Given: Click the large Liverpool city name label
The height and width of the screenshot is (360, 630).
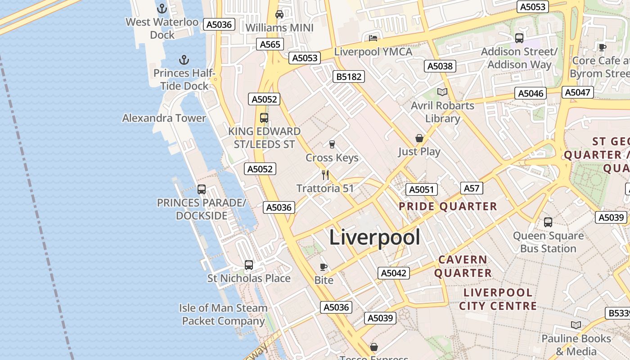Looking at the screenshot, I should click(375, 237).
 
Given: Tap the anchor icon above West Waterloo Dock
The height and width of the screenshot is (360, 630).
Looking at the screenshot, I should click(162, 8).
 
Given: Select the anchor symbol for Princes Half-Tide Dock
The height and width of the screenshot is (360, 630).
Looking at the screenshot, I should click(184, 60).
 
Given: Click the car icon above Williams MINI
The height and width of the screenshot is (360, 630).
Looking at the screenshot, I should click(279, 14).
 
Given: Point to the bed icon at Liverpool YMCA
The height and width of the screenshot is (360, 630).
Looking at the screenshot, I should click(373, 38).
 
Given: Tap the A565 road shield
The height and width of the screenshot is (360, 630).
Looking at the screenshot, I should click(270, 44).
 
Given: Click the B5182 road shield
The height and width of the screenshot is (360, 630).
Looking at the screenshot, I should click(349, 76).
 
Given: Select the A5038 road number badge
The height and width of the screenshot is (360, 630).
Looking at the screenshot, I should click(440, 66).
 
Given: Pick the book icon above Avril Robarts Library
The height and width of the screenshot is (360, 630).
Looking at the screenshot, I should click(442, 92).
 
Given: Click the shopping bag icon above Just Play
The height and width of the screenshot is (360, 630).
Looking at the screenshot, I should click(419, 138).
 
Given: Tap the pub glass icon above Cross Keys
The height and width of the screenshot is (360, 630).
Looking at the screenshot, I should click(332, 144).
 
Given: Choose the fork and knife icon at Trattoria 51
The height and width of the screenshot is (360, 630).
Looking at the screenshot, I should click(325, 175).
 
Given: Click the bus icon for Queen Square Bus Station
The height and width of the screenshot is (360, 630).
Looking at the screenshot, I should click(548, 222).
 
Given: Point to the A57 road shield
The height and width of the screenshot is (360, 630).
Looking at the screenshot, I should click(472, 188).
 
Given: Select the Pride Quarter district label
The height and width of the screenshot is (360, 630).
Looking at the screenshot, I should click(448, 207).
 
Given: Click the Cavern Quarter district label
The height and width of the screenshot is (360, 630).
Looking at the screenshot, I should click(463, 266).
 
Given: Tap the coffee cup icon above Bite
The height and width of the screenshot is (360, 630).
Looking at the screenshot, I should click(323, 267).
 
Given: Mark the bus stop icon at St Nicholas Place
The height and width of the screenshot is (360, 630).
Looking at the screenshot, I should click(249, 265).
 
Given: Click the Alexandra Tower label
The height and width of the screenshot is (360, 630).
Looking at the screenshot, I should click(164, 118).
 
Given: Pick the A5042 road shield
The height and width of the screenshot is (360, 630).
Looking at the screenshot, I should click(394, 273).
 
